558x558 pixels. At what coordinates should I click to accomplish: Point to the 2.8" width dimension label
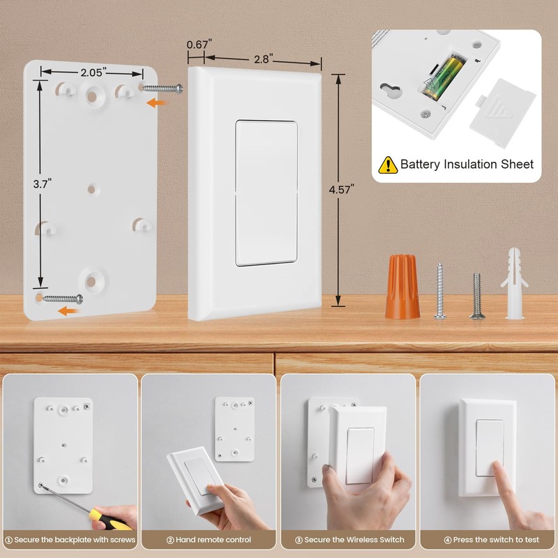click(262, 59)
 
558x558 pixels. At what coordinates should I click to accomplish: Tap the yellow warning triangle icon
click(388, 165)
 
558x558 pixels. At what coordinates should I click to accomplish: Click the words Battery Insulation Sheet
click(467, 165)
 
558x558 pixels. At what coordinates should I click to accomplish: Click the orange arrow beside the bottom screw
click(68, 311)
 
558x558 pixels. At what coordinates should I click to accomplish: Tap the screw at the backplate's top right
click(164, 88)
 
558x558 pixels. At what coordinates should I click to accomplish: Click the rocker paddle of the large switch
click(266, 193)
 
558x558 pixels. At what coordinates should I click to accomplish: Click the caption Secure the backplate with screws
click(70, 540)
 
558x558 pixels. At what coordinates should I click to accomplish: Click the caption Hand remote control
click(209, 540)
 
